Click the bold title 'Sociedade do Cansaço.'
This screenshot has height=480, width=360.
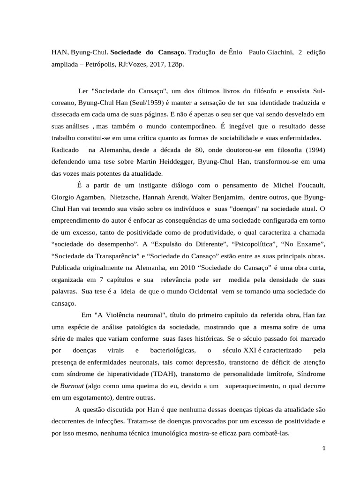point(148,52)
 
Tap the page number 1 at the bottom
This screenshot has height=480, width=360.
point(323,449)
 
